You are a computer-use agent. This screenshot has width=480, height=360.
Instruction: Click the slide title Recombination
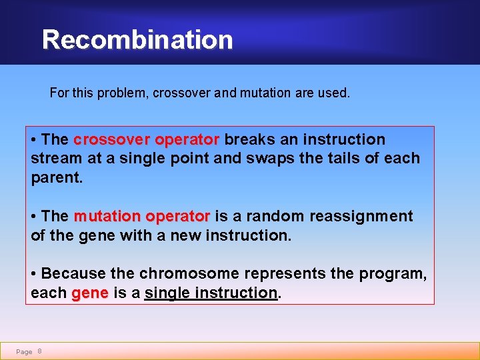pyautogui.click(x=137, y=40)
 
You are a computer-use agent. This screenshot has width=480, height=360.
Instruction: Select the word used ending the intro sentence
pyautogui.click(x=334, y=93)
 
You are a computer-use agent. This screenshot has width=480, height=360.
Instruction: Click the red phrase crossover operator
pyautogui.click(x=146, y=140)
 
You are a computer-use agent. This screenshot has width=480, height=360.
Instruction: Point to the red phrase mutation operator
pyautogui.click(x=141, y=217)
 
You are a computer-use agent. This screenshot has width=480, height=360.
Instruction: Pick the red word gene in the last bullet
pyautogui.click(x=89, y=293)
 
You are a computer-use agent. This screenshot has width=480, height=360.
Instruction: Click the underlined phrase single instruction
pyautogui.click(x=211, y=293)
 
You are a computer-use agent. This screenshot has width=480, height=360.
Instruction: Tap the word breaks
pyautogui.click(x=248, y=140)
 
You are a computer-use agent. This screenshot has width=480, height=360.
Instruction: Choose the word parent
pyautogui.click(x=56, y=178)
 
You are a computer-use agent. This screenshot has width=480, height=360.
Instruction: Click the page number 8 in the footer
pyautogui.click(x=40, y=351)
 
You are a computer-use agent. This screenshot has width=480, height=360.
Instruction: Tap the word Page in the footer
pyautogui.click(x=24, y=352)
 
